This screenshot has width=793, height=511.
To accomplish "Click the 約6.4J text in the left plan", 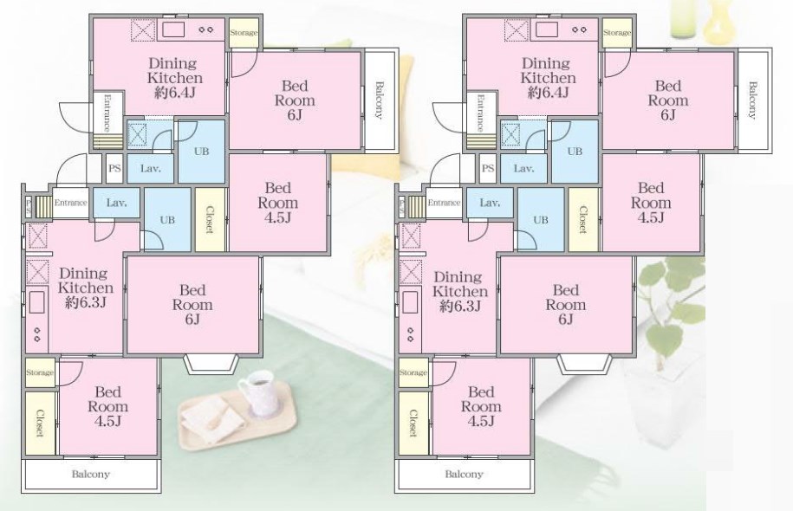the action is click(x=175, y=93).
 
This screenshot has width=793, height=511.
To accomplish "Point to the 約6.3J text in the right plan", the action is click(x=460, y=307).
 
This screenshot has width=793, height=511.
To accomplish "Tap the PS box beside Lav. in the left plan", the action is click(x=114, y=168).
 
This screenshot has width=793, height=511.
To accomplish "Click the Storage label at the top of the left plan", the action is click(x=244, y=33).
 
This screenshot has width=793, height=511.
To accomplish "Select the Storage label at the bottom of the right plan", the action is click(x=413, y=372).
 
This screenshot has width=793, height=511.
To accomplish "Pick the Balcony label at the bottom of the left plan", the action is click(x=90, y=474).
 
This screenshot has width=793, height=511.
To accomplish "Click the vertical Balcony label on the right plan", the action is click(x=752, y=100).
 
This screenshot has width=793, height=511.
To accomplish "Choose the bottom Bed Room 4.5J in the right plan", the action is click(x=481, y=406).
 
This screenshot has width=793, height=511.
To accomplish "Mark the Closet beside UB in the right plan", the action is click(x=583, y=219).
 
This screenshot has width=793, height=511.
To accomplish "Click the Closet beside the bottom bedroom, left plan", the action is click(x=40, y=423).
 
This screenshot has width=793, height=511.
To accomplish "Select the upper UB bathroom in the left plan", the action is click(x=201, y=151).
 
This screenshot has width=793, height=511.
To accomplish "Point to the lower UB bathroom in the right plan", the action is click(x=540, y=219).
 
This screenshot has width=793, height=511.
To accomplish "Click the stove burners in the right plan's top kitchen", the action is click(x=580, y=29).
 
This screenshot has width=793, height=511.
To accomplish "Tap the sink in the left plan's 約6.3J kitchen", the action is click(x=36, y=304).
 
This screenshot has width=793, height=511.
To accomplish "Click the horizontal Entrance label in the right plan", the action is click(x=444, y=203).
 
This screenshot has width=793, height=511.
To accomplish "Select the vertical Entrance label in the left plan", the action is click(x=107, y=113).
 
